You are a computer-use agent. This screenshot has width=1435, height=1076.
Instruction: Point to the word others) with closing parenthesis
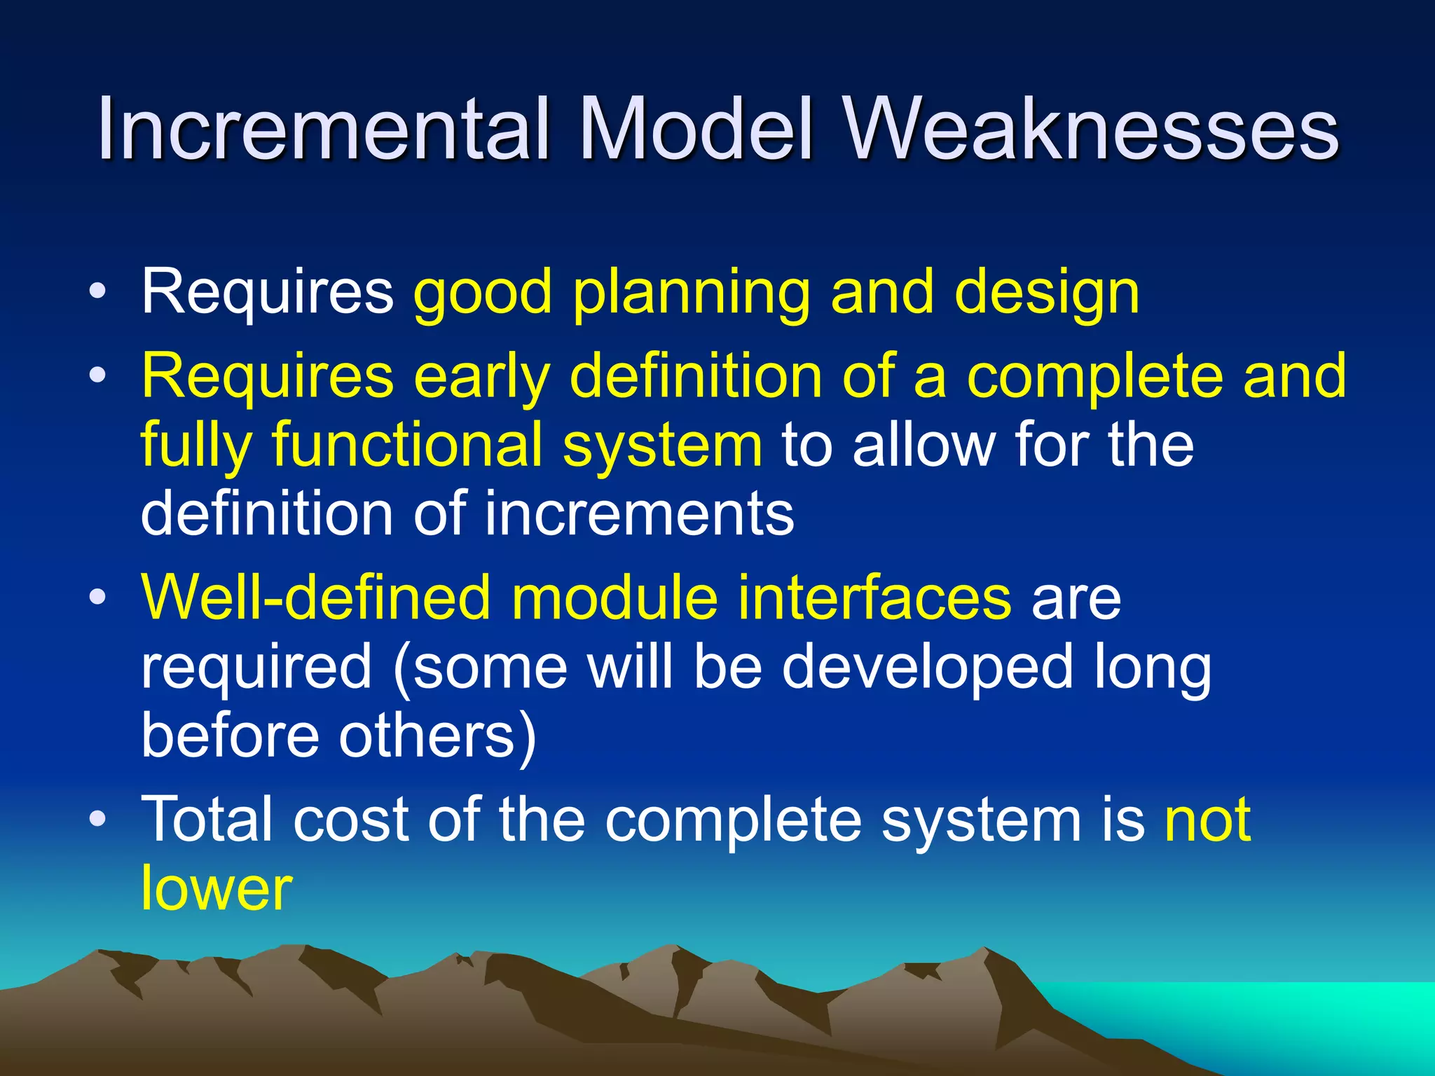438,737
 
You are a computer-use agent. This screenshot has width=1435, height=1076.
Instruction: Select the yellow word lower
217,888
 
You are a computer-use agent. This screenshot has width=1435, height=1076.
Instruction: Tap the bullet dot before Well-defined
98,598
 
